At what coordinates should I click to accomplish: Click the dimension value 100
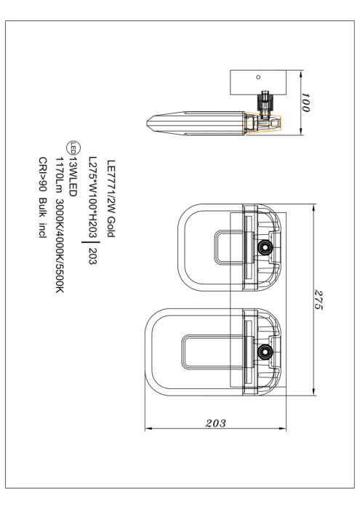[x=305, y=103]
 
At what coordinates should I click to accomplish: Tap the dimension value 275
[x=319, y=300]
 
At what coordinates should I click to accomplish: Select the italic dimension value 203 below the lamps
[x=215, y=423]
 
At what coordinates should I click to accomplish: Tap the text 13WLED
[x=73, y=177]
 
